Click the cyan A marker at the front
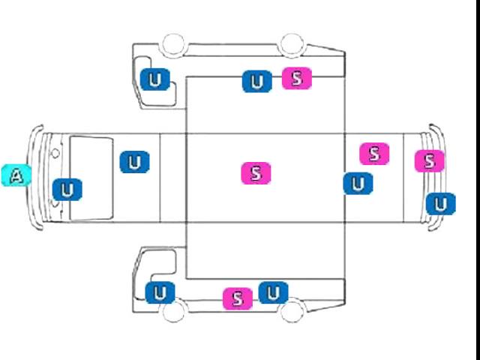16,175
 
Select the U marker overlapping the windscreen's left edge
67,190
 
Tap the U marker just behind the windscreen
135,162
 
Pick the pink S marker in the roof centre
256,173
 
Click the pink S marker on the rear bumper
430,160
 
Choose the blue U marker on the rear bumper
440,204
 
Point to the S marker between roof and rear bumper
374,154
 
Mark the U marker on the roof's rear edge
358,184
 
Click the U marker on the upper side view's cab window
155,79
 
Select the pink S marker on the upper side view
297,78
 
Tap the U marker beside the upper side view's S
257,82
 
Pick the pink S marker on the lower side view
238,298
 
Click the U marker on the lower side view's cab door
160,293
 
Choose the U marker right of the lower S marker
273,292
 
